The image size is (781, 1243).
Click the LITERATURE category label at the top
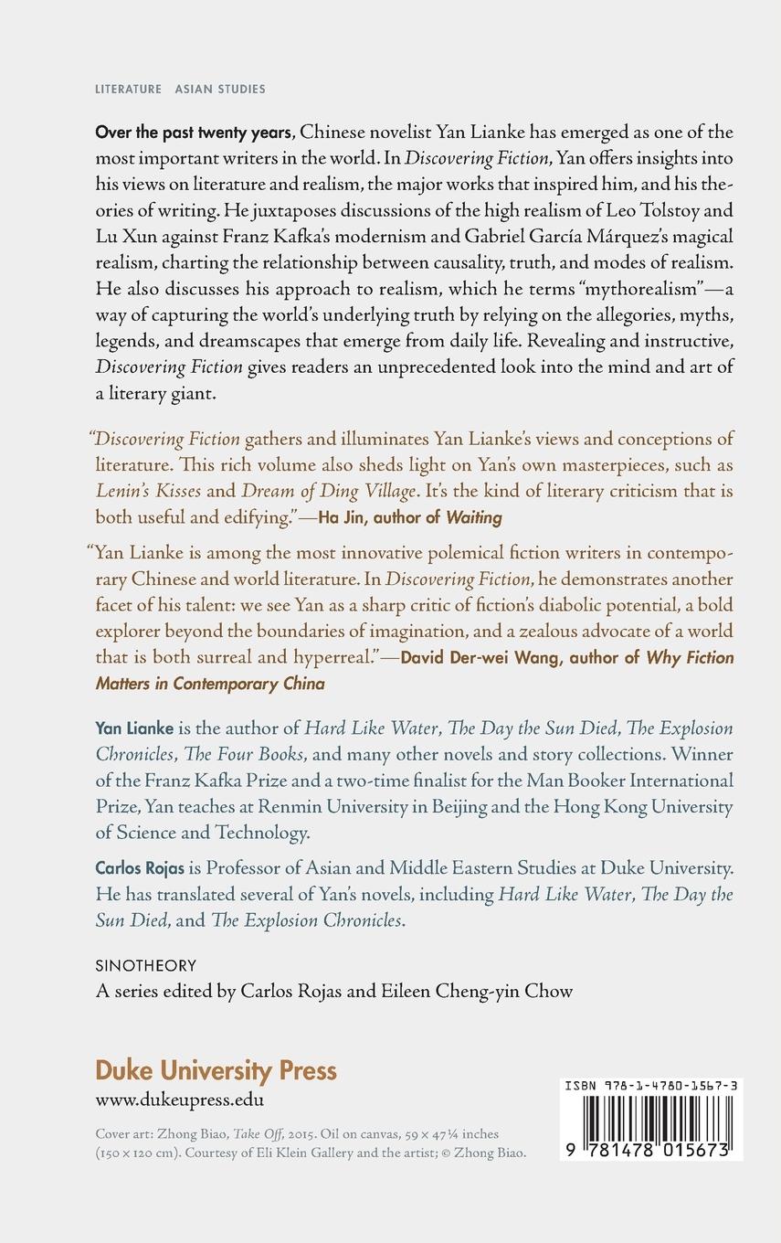128,90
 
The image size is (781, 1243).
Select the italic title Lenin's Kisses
148,491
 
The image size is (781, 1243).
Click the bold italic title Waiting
474,517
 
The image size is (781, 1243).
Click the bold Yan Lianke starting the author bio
134,728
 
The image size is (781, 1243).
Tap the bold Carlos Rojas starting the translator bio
141,867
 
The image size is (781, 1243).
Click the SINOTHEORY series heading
146,965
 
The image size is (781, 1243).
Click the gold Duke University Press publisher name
216,1070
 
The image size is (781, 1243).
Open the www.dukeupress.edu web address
180,1100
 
